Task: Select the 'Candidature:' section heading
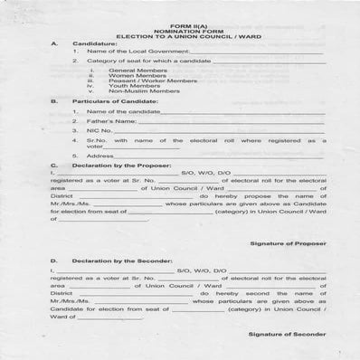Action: (x=95, y=43)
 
